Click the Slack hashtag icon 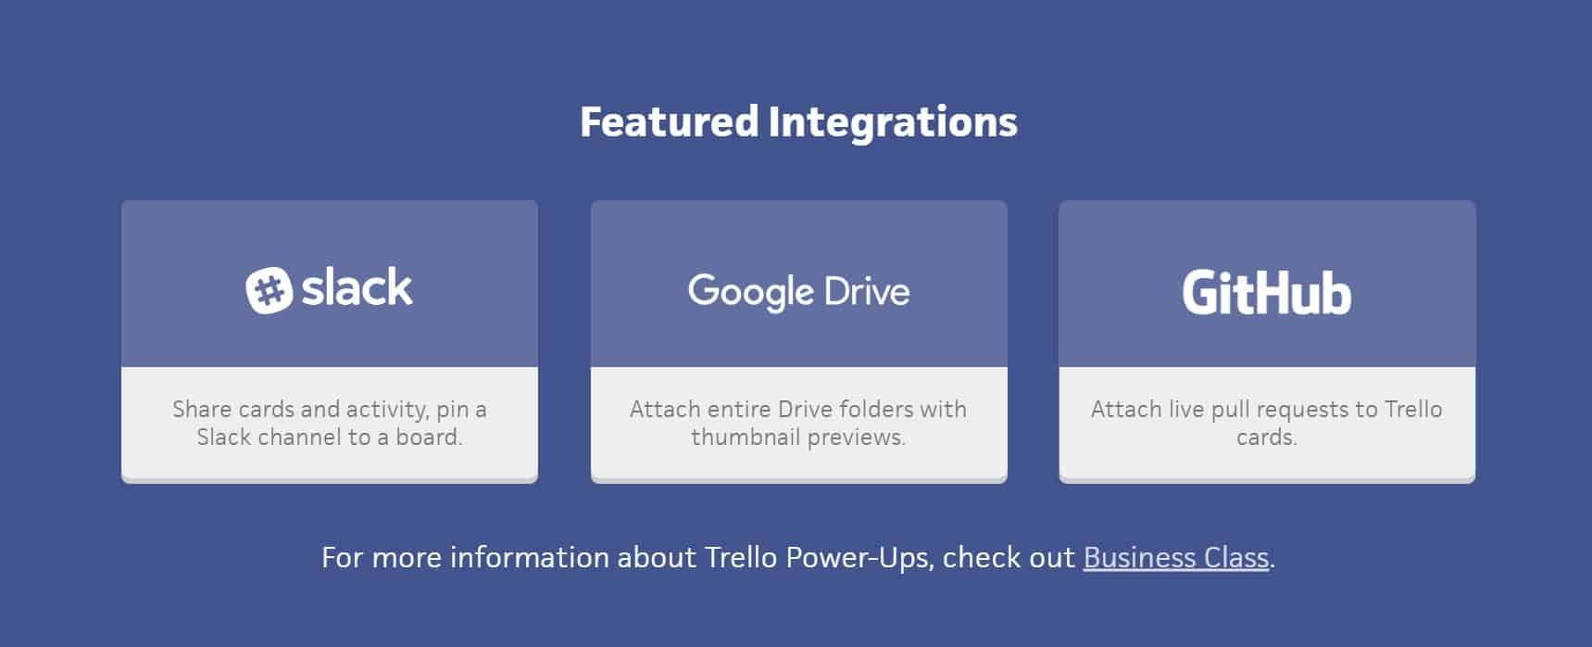(x=269, y=290)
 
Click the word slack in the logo (x=357, y=288)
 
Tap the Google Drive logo (x=798, y=291)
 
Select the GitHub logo (x=1266, y=293)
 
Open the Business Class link (x=1175, y=557)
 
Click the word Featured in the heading (x=669, y=121)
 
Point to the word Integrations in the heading (x=893, y=121)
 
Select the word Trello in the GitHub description (x=1412, y=409)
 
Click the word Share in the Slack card (x=202, y=409)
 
